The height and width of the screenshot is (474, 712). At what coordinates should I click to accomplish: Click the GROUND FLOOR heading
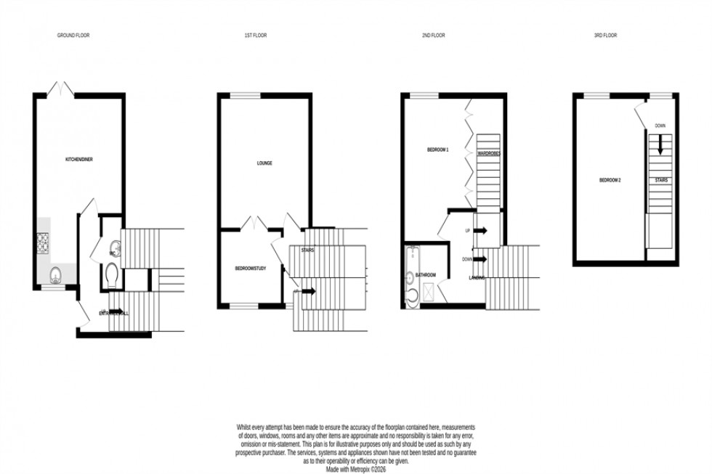tap(73, 35)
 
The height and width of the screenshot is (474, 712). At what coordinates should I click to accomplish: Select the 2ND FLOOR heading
tap(434, 35)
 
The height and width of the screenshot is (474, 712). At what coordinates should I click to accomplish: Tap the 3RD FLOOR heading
tap(605, 35)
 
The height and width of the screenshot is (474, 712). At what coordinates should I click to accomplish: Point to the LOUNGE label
tap(264, 163)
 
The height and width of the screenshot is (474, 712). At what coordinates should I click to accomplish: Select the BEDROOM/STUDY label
tap(250, 269)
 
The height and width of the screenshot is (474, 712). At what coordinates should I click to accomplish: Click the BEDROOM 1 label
tap(438, 150)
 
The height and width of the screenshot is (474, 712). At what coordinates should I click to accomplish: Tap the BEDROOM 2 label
tap(610, 179)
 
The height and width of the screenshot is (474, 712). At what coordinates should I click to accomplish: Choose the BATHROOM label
tap(426, 275)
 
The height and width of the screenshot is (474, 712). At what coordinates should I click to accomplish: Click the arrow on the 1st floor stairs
tap(308, 291)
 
